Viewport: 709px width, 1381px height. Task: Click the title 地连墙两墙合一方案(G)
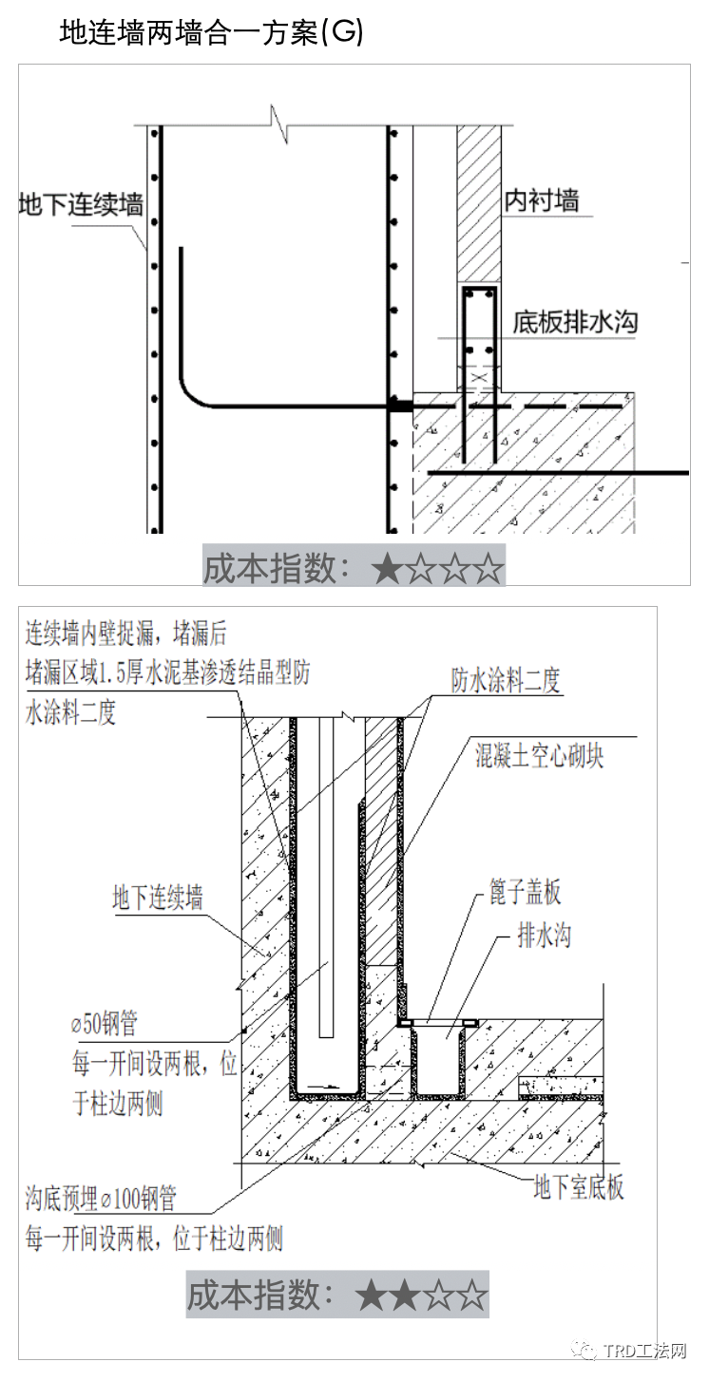point(211,32)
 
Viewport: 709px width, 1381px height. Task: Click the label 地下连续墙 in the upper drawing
point(81,204)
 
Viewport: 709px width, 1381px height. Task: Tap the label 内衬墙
point(541,200)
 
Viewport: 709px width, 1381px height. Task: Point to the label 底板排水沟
point(574,322)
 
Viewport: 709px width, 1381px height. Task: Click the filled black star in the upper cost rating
point(388,569)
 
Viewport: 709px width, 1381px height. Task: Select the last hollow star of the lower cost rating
point(472,1296)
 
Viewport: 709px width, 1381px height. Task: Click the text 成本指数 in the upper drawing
point(272,568)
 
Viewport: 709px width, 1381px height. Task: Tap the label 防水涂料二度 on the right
point(506,680)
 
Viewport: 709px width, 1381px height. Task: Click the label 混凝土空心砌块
point(539,756)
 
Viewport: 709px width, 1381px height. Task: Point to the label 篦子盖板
point(525,892)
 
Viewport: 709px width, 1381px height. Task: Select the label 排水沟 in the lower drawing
point(544,936)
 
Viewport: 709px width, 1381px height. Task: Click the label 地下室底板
point(579,1186)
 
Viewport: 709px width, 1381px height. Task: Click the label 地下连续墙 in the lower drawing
point(157,898)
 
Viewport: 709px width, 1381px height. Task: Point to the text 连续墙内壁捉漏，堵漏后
point(126,633)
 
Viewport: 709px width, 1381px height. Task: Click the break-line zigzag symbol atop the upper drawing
point(279,124)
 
